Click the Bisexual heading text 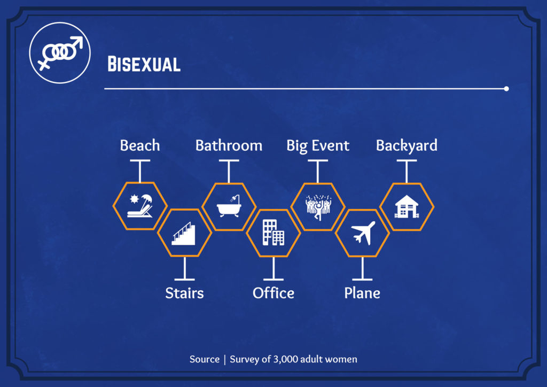click(x=144, y=64)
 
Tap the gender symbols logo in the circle click(x=60, y=53)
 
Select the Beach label click(x=140, y=145)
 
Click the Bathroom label click(x=229, y=145)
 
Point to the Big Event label click(x=318, y=146)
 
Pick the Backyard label click(x=407, y=146)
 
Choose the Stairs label click(x=184, y=293)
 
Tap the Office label click(x=273, y=293)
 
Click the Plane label click(x=362, y=293)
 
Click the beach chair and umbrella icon click(x=140, y=206)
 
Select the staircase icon click(x=184, y=233)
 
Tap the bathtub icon click(x=229, y=206)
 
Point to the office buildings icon click(x=273, y=233)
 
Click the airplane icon click(x=363, y=233)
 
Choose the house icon click(x=407, y=206)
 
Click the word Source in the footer click(x=205, y=359)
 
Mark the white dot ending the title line click(x=506, y=89)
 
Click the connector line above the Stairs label click(x=184, y=268)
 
